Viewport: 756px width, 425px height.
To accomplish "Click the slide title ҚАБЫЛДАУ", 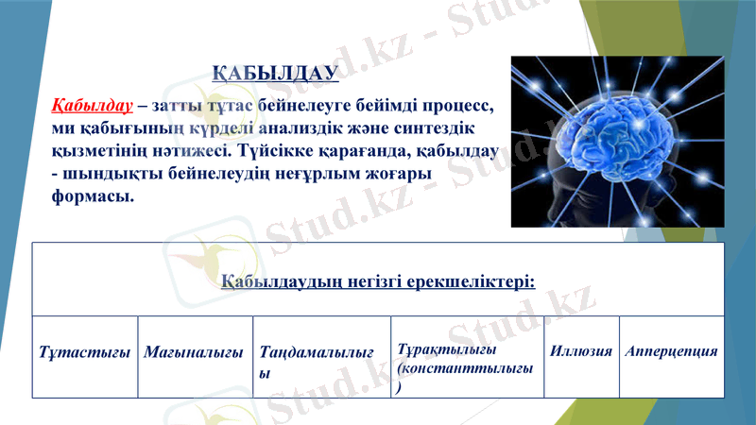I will coord(274,73).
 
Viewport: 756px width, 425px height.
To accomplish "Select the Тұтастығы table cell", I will coord(85,352).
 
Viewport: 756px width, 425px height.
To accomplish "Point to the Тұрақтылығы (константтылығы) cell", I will coord(467,360).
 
